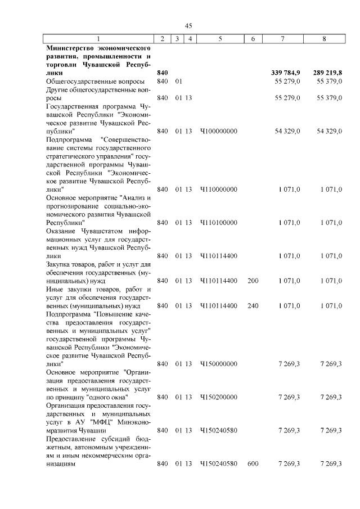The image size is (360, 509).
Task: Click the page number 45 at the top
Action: pyautogui.click(x=188, y=25)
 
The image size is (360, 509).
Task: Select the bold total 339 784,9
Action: pyautogui.click(x=285, y=73)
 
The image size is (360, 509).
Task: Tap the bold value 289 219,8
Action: pyautogui.click(x=327, y=73)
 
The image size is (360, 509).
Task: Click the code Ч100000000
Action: pyautogui.click(x=219, y=130)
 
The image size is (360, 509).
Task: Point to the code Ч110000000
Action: pyautogui.click(x=219, y=190)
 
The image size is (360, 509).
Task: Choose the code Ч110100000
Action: pyautogui.click(x=219, y=222)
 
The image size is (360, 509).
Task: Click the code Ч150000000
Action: pyautogui.click(x=219, y=364)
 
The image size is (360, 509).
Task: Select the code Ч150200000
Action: pyautogui.click(x=219, y=397)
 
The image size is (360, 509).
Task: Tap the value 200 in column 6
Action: pyautogui.click(x=253, y=280)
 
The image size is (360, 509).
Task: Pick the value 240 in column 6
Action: pyautogui.click(x=253, y=305)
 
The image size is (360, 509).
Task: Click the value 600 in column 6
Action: pyautogui.click(x=253, y=463)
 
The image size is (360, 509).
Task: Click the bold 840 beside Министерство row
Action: pyautogui.click(x=163, y=73)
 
